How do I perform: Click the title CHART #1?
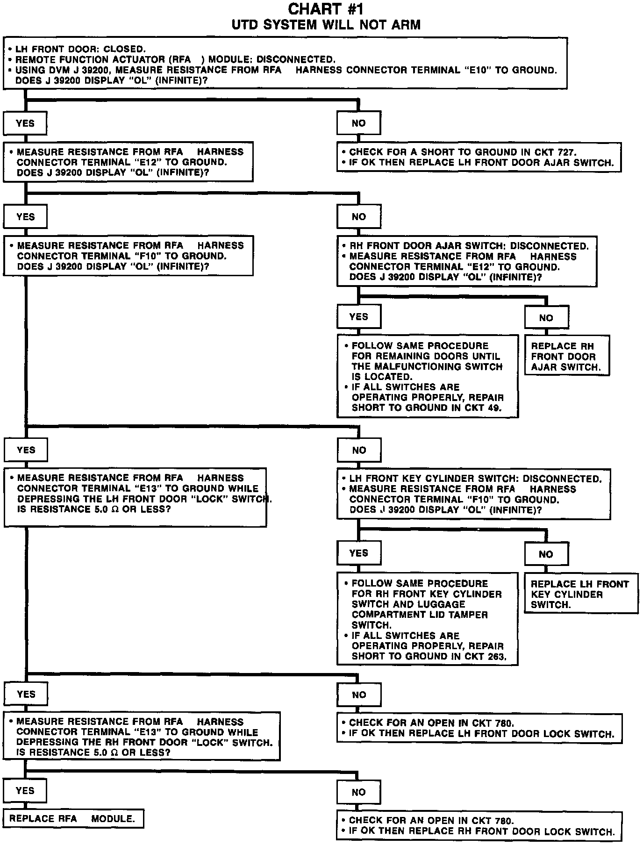pos(325,9)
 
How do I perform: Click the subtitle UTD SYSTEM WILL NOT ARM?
pos(326,25)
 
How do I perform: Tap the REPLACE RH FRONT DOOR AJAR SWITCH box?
pos(566,356)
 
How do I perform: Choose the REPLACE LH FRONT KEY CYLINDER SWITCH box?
pos(580,594)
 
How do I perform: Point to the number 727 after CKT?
pos(567,152)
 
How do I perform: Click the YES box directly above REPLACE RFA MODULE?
pos(25,791)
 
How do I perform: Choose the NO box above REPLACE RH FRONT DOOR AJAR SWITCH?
pos(546,318)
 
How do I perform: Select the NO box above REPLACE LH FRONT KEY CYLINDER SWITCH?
pos(546,554)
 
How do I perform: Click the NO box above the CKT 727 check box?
pos(358,124)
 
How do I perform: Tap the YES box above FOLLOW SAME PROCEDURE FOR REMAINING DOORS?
pos(358,317)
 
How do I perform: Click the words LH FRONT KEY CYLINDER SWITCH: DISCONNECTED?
pos(475,479)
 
